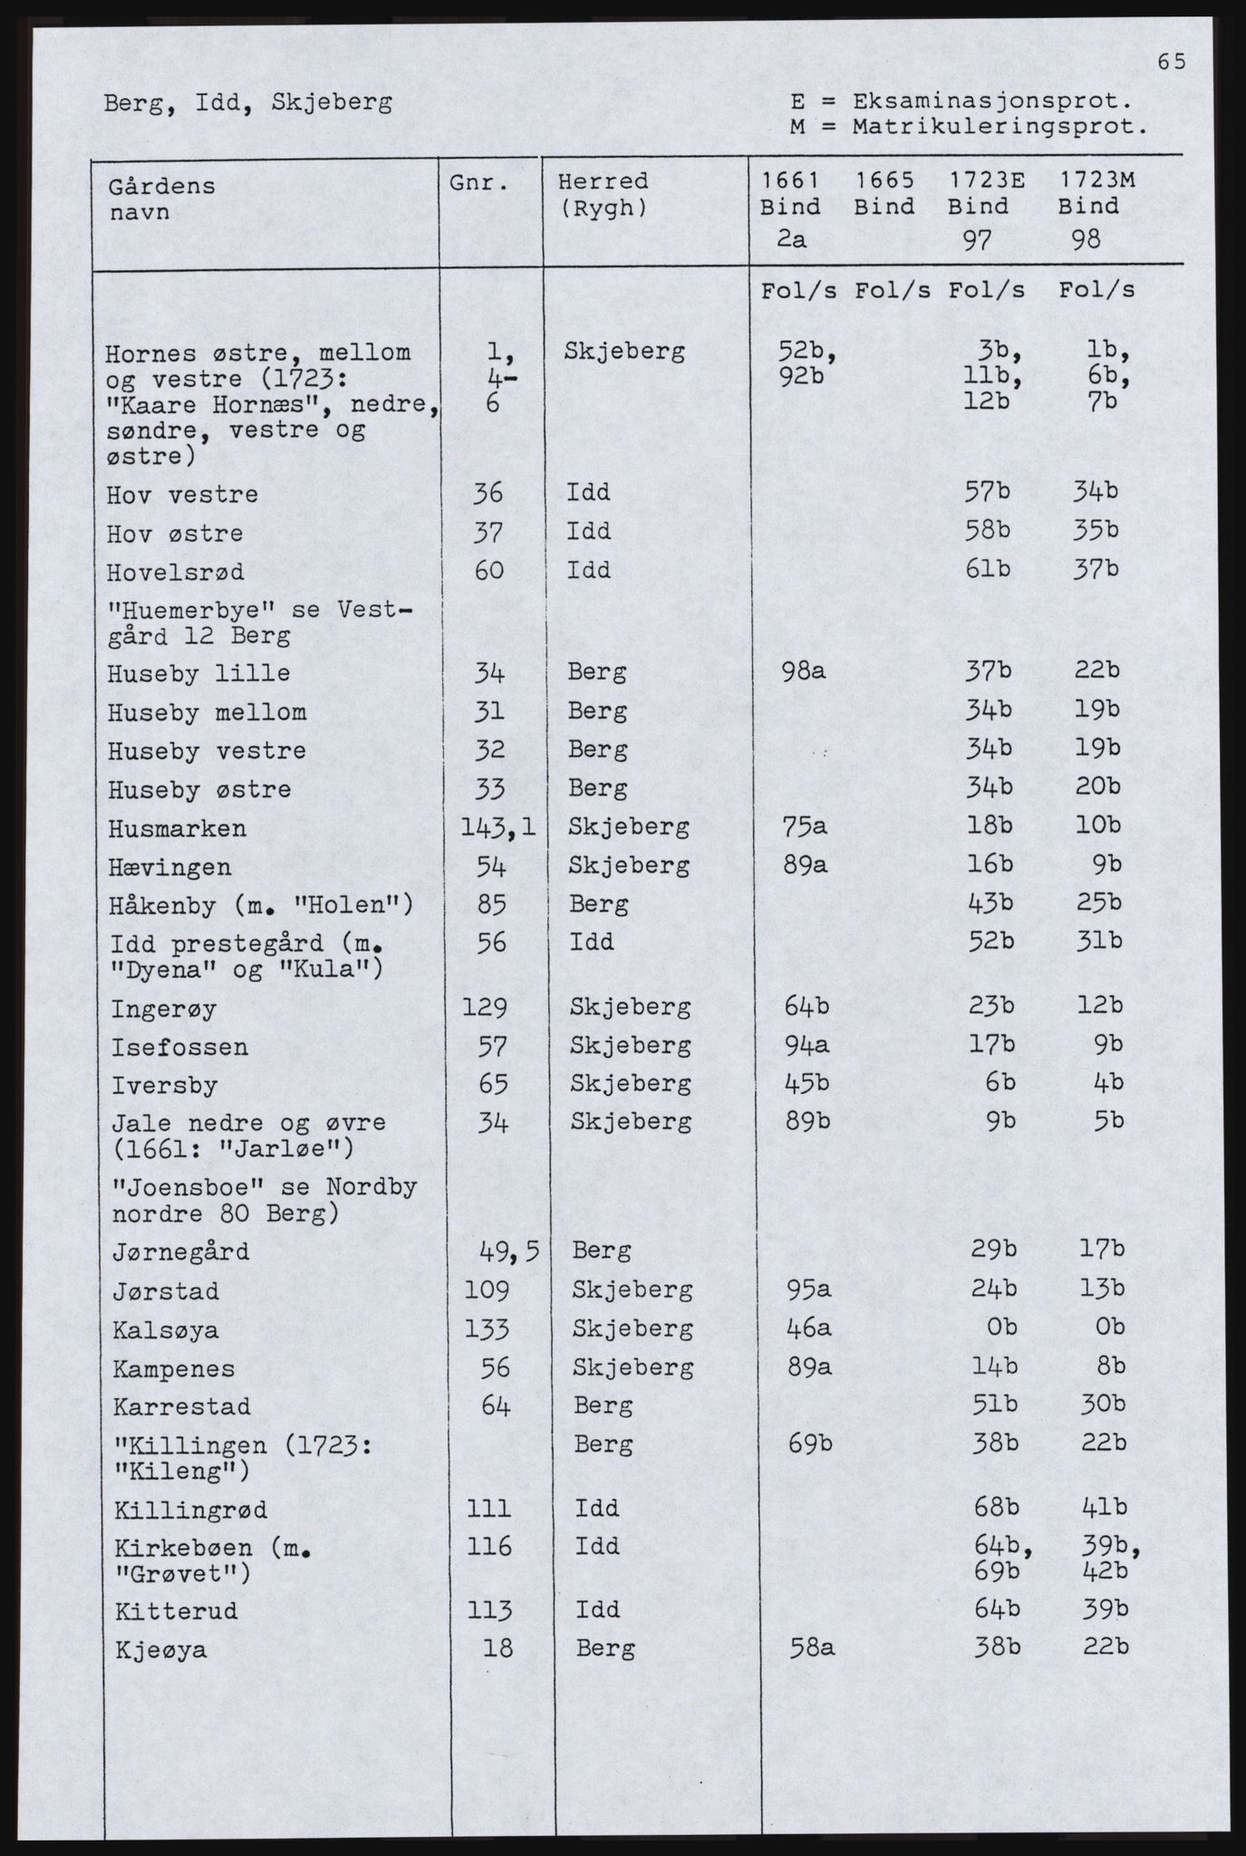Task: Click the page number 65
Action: (x=1170, y=62)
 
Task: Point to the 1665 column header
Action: (x=884, y=181)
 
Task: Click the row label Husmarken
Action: (x=177, y=829)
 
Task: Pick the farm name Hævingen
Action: (x=170, y=868)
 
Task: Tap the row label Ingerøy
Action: (x=164, y=1009)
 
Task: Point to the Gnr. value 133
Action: (x=487, y=1329)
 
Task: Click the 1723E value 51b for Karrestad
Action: (x=993, y=1406)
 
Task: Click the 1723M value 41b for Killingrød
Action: (x=1104, y=1508)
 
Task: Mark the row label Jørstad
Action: (x=166, y=1291)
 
